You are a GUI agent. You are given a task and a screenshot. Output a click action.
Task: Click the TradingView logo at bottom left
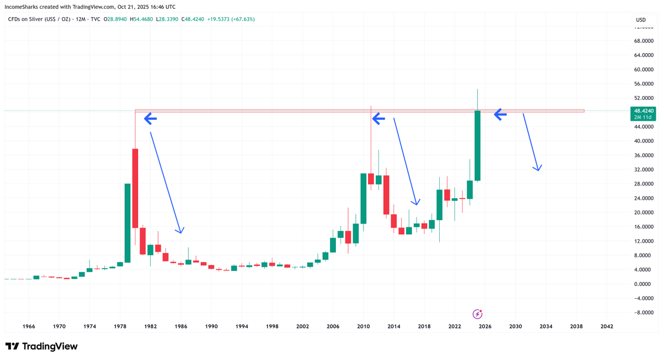click(x=41, y=346)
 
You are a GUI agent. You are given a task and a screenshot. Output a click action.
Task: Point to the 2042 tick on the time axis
click(x=606, y=326)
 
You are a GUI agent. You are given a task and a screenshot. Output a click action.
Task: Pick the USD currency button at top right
click(x=641, y=20)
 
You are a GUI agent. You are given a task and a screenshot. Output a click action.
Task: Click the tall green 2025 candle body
click(x=477, y=146)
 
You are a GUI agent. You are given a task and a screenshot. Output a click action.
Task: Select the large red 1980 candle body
click(x=135, y=188)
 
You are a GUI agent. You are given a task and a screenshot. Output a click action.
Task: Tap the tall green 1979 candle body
click(x=127, y=223)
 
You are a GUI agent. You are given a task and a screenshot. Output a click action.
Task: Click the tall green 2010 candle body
click(x=364, y=199)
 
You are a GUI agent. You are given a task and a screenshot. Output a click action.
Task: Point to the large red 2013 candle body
click(x=386, y=195)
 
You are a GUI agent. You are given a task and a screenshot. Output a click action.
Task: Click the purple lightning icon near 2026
click(x=478, y=314)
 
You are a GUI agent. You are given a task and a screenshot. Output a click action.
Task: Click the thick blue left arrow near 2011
click(x=378, y=118)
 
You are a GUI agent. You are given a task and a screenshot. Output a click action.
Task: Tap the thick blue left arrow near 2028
click(x=500, y=114)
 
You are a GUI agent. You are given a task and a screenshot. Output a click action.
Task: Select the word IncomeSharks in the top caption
click(x=23, y=7)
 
